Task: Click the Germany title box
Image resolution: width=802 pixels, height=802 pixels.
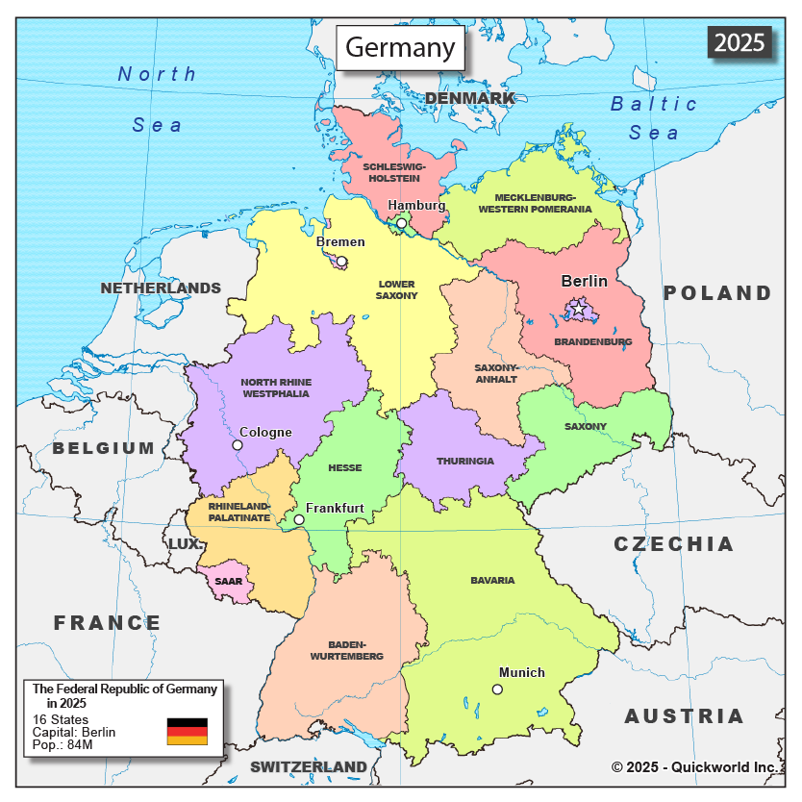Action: click(400, 48)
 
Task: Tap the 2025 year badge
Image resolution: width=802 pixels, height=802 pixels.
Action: click(739, 42)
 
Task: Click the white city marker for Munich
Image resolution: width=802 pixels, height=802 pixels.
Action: click(497, 689)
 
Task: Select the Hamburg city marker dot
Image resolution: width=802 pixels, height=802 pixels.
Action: click(402, 223)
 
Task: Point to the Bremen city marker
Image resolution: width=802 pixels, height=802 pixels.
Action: click(341, 261)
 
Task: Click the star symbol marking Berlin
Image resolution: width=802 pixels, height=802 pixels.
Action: click(578, 310)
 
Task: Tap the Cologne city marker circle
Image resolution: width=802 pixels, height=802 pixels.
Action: click(238, 445)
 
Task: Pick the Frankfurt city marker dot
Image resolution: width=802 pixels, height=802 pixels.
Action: click(299, 519)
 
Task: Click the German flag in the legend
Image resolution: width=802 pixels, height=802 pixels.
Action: click(187, 731)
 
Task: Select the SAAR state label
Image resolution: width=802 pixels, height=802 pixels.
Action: click(229, 581)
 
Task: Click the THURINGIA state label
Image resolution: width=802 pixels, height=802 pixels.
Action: click(465, 461)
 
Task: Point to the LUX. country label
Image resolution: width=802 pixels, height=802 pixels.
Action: click(186, 544)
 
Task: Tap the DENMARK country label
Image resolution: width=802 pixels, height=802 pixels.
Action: click(469, 98)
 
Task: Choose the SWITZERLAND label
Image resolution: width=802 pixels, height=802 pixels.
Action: click(309, 766)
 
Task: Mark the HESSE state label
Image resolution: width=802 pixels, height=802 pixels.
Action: click(345, 468)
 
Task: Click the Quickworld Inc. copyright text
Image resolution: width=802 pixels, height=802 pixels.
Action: click(693, 766)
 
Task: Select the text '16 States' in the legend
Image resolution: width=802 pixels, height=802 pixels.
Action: click(61, 719)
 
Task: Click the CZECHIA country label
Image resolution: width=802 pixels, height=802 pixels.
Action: click(673, 544)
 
